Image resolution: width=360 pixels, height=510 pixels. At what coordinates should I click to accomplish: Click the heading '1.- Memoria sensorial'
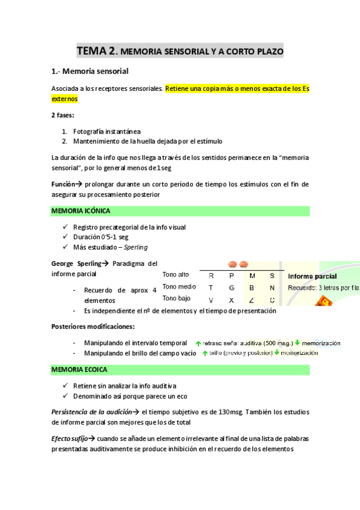90,72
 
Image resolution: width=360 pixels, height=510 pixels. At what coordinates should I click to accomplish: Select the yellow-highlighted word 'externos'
65,99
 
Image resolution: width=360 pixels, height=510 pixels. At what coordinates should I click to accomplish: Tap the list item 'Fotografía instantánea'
107,131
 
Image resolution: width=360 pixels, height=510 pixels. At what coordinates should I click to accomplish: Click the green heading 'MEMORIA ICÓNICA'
81,211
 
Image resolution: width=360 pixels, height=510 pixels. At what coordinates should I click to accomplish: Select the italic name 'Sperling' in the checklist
135,247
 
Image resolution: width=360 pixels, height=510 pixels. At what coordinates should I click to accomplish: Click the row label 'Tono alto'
175,275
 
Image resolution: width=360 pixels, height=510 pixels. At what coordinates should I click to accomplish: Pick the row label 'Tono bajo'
176,298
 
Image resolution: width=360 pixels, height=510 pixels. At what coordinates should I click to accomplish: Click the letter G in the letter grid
232,287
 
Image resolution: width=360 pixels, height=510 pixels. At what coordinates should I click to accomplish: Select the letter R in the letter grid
211,275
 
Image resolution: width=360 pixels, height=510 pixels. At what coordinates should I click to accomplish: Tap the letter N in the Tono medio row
272,287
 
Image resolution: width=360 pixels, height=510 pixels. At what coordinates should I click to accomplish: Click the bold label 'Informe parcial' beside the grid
312,277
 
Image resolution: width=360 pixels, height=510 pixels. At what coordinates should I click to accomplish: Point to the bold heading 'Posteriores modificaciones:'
93,327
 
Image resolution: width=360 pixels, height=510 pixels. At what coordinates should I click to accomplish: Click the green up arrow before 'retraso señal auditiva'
198,343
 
